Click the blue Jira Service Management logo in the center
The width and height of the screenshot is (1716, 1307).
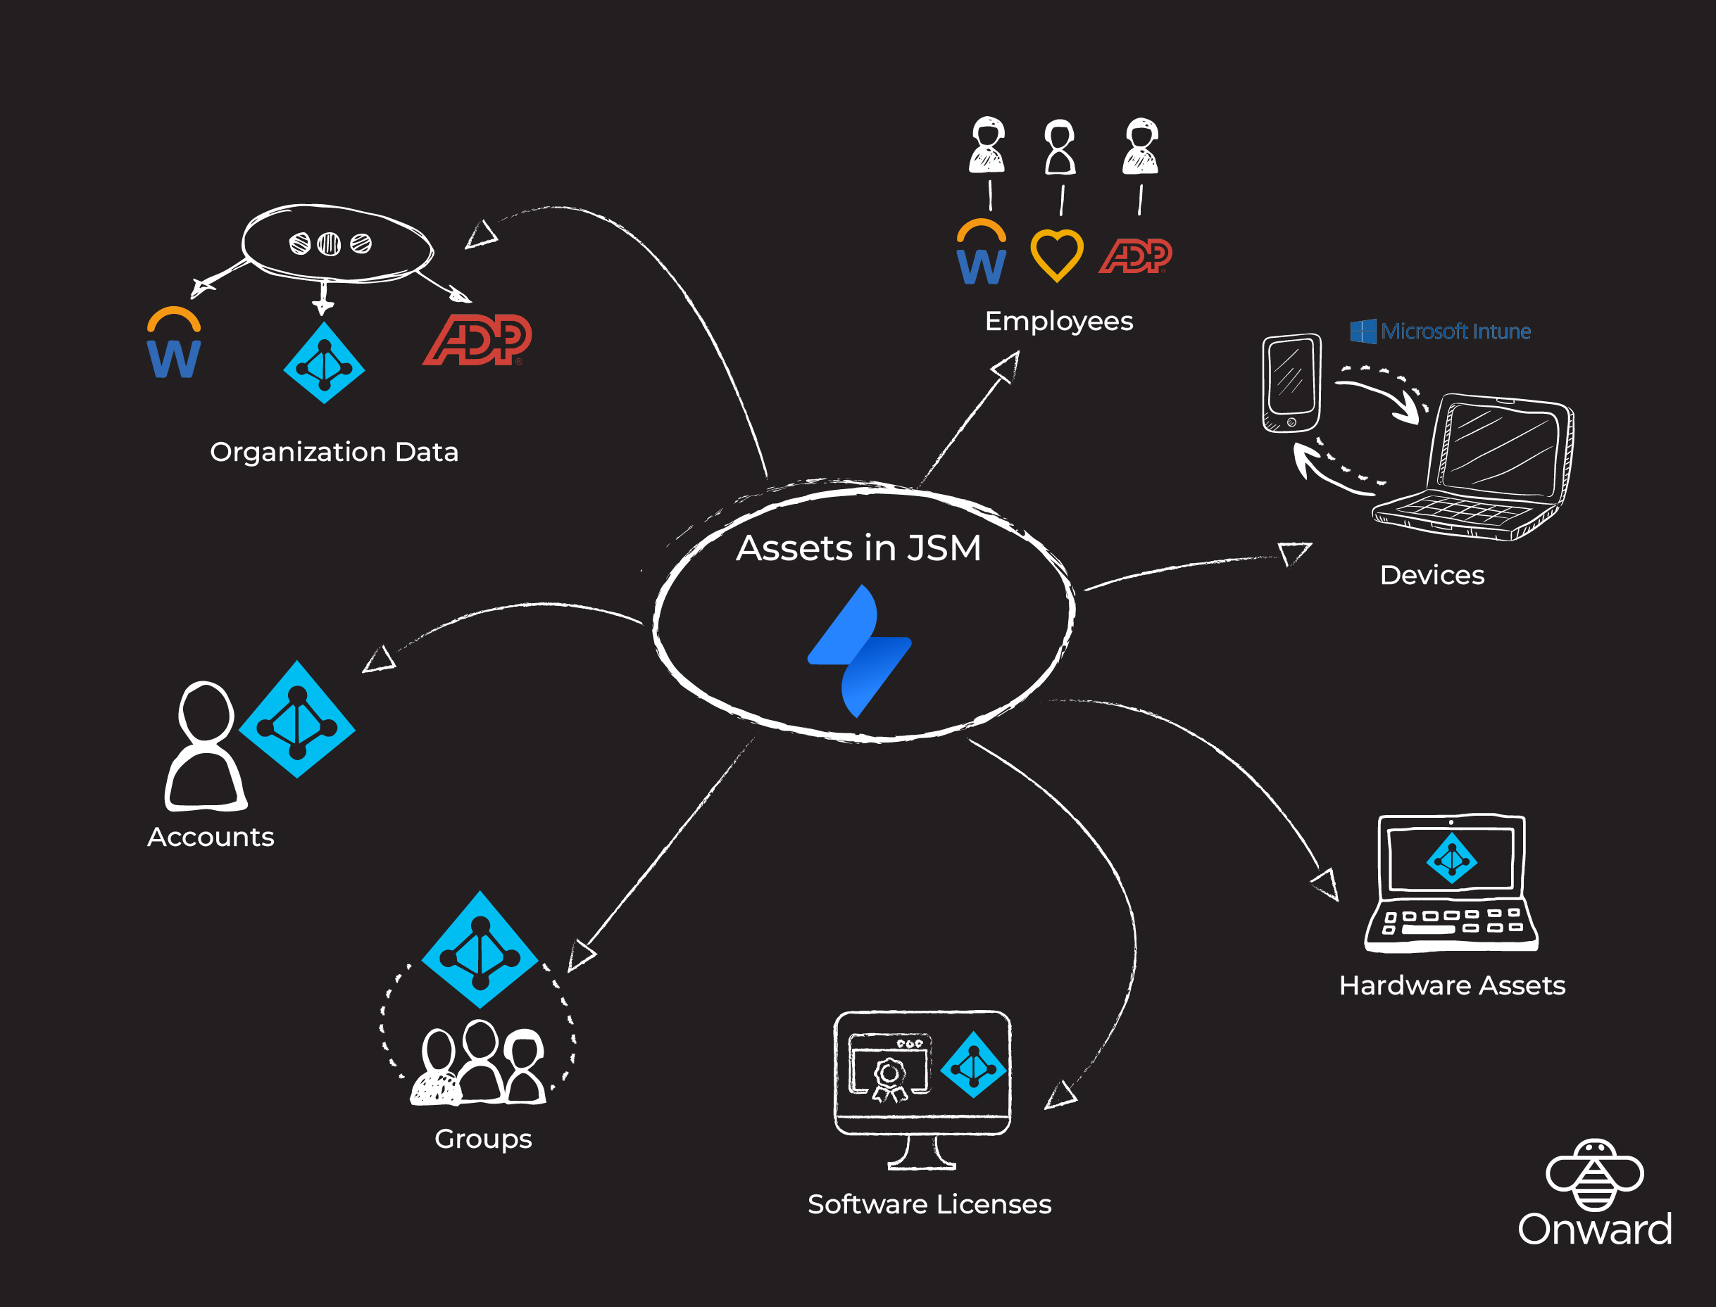pyautogui.click(x=859, y=651)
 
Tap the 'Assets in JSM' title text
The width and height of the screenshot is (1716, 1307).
pyautogui.click(x=858, y=548)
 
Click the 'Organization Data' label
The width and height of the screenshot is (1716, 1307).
pyautogui.click(x=334, y=452)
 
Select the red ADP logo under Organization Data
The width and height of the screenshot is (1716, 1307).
pyautogui.click(x=477, y=339)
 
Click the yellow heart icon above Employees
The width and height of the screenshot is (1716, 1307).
pyautogui.click(x=1056, y=255)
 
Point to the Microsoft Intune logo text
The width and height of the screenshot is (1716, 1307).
pyautogui.click(x=1440, y=332)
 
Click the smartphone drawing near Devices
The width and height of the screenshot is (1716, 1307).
pyautogui.click(x=1291, y=383)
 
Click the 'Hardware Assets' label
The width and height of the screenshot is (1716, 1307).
pyautogui.click(x=1451, y=985)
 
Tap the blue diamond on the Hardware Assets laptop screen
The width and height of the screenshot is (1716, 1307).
pyautogui.click(x=1451, y=858)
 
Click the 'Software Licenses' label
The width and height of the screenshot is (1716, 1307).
pyautogui.click(x=929, y=1204)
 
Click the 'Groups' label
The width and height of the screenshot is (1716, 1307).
pyautogui.click(x=482, y=1139)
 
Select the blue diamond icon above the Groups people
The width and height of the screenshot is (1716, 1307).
pyautogui.click(x=480, y=950)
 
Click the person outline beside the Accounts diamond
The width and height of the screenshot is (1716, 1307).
pyautogui.click(x=205, y=747)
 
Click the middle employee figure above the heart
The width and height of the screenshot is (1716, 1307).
pyautogui.click(x=1059, y=148)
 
